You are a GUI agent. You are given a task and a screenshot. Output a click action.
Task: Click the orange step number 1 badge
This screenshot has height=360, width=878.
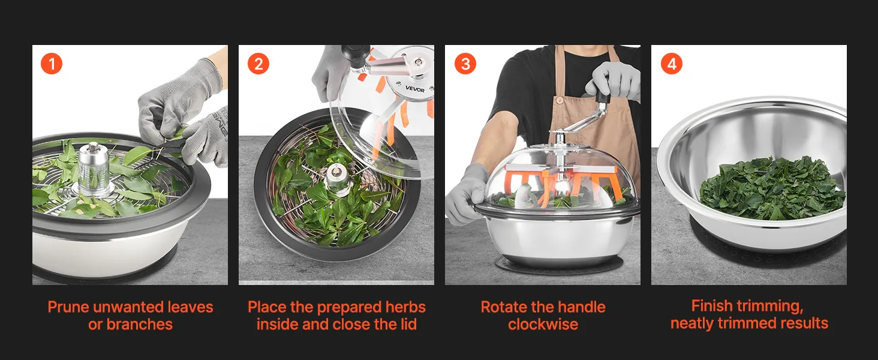tap(52, 64)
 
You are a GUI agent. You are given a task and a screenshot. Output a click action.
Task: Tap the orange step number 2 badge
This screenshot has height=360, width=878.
tap(258, 64)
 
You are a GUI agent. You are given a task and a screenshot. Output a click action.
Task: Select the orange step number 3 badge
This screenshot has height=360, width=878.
tap(465, 64)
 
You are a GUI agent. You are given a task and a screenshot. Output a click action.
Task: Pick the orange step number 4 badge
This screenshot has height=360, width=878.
tap(672, 64)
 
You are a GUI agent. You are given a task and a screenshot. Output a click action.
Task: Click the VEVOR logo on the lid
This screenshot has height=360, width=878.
tap(414, 89)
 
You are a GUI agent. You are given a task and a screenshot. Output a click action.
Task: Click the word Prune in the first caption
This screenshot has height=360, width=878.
tap(68, 307)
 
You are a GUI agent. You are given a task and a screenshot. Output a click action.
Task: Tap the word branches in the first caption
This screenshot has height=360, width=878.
tap(139, 325)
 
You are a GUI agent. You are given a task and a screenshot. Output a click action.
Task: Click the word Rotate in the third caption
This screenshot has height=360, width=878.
tap(503, 307)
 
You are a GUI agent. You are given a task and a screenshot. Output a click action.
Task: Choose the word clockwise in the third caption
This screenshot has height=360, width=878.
tap(543, 325)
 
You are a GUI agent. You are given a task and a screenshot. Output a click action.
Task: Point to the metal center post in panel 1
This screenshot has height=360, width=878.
tap(94, 169)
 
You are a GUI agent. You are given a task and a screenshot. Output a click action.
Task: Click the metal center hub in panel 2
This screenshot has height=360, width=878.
tap(338, 179)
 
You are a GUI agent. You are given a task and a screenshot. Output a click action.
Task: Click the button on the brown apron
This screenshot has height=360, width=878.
tap(560, 101)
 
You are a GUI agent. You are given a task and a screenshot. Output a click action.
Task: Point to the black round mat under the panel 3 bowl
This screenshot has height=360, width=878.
tap(560, 266)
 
